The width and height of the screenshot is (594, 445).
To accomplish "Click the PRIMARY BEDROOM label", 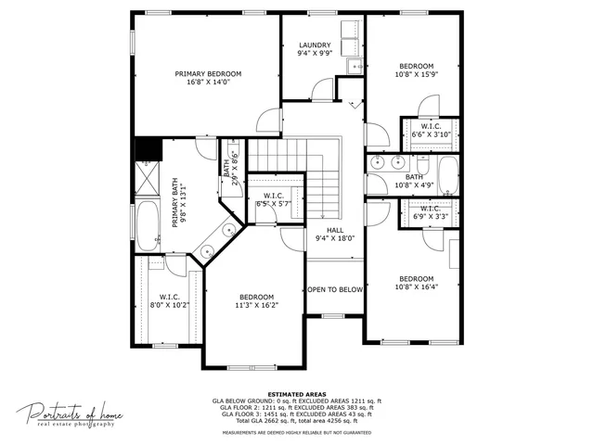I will pos(208,73).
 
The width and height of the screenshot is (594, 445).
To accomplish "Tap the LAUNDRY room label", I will pos(315,45).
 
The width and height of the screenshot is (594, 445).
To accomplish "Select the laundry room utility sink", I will pos(353,66).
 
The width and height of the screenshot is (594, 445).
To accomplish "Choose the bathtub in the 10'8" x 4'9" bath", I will pos(447,175).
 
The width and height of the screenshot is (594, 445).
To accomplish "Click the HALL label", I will pos(335,230).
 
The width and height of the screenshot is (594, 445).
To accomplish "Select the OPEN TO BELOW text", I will pos(335,289).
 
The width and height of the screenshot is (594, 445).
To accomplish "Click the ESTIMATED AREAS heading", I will pos(296,394).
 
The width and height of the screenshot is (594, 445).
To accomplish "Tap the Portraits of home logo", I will pos(70,414).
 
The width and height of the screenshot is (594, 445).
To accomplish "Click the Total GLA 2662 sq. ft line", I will pos(296,422).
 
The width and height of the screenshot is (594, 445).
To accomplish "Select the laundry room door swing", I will pos(322,89).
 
